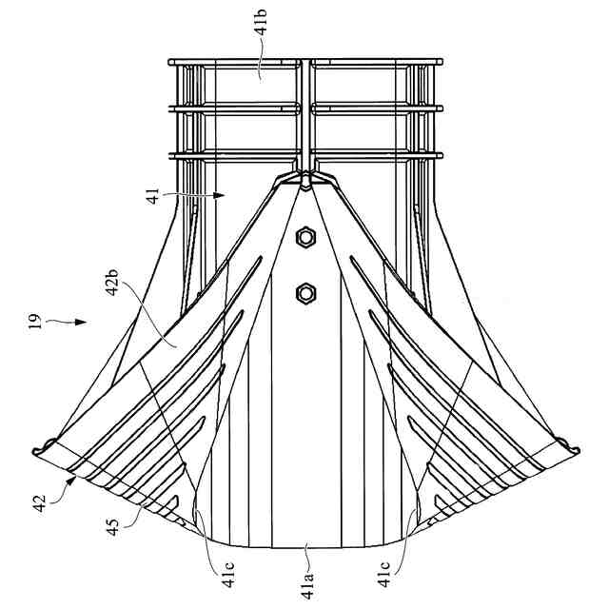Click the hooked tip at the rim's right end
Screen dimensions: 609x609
click(x=568, y=444)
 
